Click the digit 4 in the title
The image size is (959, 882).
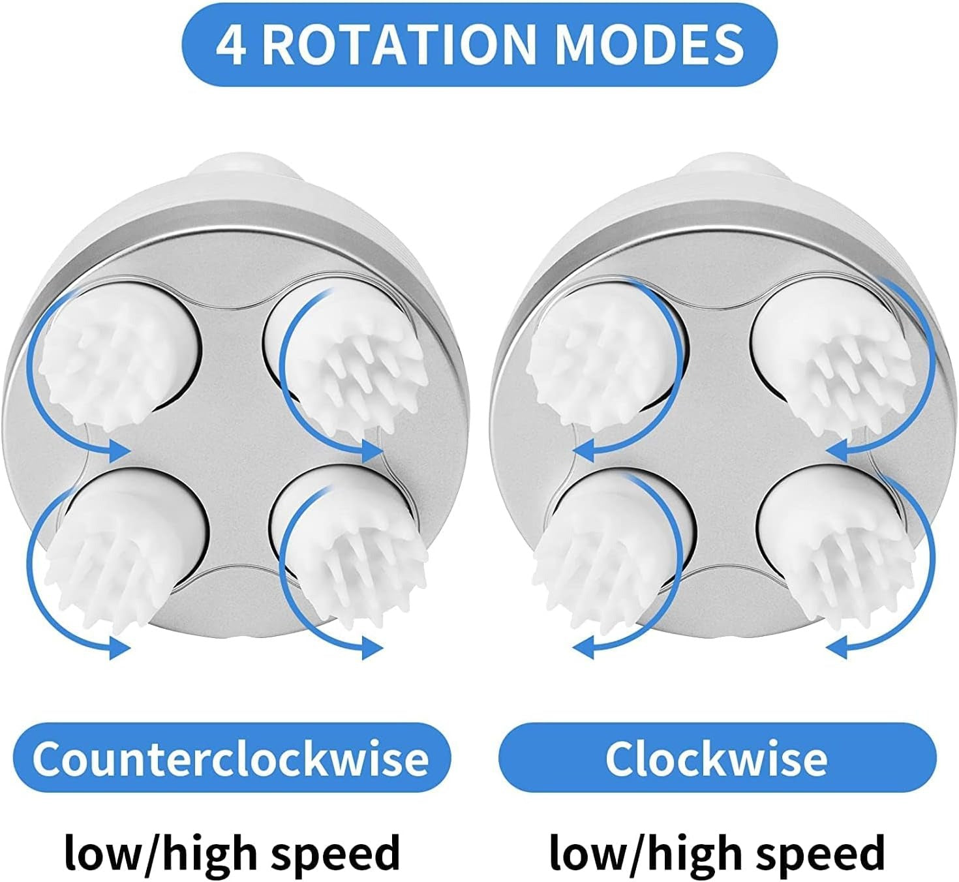pyautogui.click(x=231, y=45)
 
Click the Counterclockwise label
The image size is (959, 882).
pyautogui.click(x=231, y=758)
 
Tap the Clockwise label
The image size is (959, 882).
pyautogui.click(x=716, y=758)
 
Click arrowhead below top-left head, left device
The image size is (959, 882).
pyautogui.click(x=117, y=449)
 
